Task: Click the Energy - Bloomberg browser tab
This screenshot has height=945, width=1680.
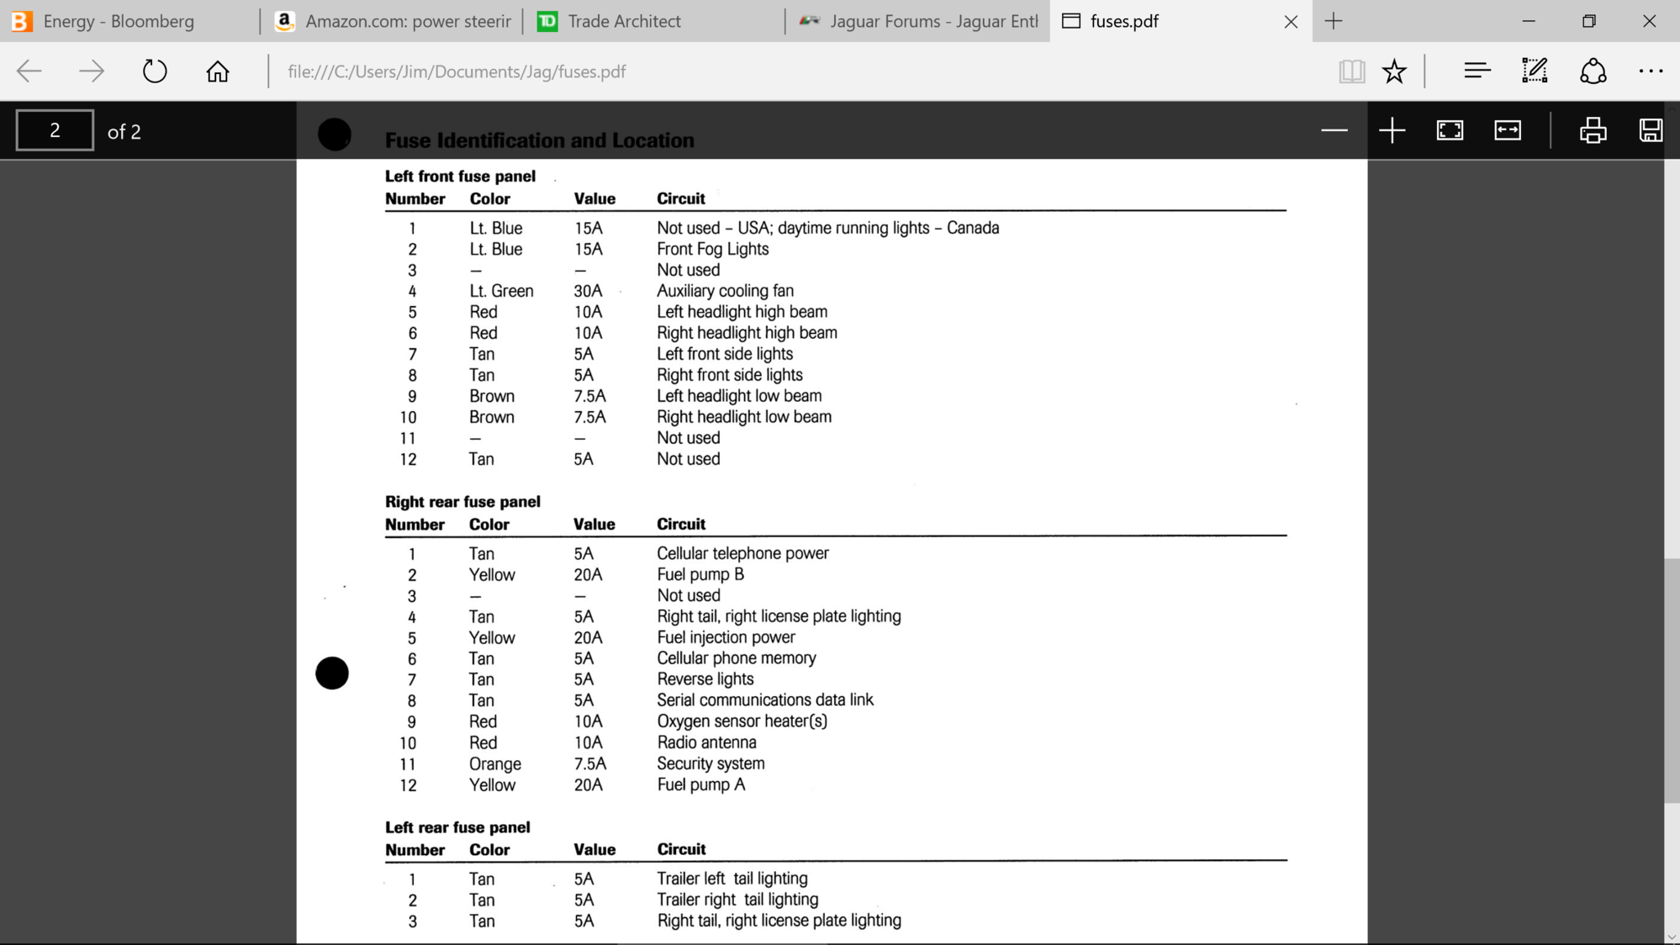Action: tap(118, 21)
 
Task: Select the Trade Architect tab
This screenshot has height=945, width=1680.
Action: tap(623, 21)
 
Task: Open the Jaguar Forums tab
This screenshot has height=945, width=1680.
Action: tap(932, 21)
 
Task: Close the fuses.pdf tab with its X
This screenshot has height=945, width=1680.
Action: tap(1291, 22)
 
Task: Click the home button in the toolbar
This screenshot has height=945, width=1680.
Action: tap(218, 71)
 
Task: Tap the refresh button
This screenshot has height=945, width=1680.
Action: tap(155, 71)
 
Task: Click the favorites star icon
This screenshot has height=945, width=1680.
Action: tap(1394, 71)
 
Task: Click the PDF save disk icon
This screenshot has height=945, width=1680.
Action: tap(1650, 130)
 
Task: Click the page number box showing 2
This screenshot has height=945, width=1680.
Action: tap(55, 130)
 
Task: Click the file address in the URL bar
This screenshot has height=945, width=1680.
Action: tap(457, 71)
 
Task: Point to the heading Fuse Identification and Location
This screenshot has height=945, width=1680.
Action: tap(539, 140)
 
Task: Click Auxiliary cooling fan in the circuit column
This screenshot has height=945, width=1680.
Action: tap(725, 291)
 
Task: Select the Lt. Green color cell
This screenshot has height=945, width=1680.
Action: tap(501, 291)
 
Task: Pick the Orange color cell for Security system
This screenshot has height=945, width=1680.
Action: tap(494, 764)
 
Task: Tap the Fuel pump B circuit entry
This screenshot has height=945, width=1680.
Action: tap(700, 575)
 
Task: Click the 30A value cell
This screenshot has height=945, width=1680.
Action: tap(588, 291)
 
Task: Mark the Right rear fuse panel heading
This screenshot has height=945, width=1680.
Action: tap(462, 502)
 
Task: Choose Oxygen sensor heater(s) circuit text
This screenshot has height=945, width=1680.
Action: tap(742, 721)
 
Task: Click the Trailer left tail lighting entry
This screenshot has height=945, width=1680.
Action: tap(732, 879)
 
